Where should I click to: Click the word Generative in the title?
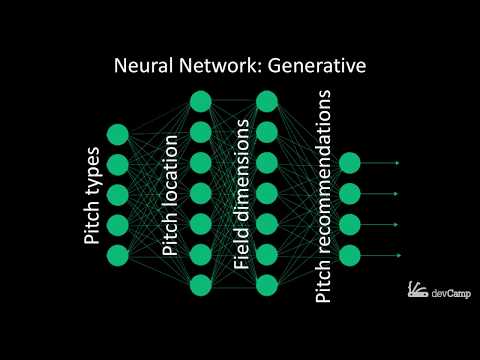point(314,67)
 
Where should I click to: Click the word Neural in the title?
point(145,67)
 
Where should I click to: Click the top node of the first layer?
point(118,134)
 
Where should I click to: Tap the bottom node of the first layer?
point(118,254)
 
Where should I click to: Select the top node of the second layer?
point(200,101)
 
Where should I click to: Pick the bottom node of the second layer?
point(200,284)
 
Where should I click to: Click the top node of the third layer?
point(266,101)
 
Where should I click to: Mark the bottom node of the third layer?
point(266,284)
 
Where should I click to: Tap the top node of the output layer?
point(349,162)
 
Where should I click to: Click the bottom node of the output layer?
point(349,254)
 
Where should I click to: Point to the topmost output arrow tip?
point(398,162)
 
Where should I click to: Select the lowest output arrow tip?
point(398,254)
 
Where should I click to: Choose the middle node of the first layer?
point(118,194)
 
